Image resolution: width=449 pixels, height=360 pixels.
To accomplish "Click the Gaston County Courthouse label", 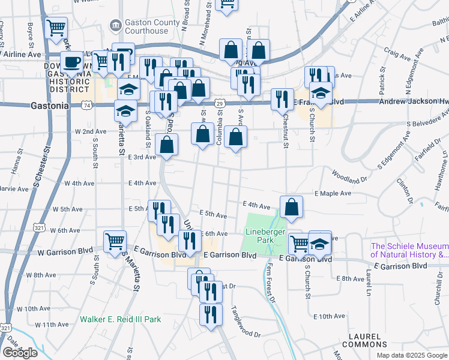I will (152, 26).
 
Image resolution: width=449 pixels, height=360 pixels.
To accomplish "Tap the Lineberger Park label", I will (261, 236).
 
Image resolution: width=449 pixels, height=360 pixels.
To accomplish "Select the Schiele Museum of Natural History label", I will (409, 250).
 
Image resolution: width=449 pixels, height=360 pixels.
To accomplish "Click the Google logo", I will (20, 353).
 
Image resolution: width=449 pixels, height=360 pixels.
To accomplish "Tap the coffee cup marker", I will (72, 62).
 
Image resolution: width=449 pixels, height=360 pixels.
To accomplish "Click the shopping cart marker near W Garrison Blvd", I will (115, 242).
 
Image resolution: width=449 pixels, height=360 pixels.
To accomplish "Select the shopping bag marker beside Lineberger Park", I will (291, 207).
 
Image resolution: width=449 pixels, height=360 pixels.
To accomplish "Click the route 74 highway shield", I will (88, 106).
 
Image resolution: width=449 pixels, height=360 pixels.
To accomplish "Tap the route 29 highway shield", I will (220, 104).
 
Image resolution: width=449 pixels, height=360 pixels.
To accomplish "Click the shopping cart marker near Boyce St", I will (56, 28).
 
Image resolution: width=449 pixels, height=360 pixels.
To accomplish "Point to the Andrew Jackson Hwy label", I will (414, 102).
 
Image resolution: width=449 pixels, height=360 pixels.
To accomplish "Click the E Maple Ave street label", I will (333, 193).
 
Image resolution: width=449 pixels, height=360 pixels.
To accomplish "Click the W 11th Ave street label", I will (52, 325).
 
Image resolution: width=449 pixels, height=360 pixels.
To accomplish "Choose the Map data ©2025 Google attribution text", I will (412, 355).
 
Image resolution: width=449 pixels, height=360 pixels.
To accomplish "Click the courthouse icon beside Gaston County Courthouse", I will (115, 26).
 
